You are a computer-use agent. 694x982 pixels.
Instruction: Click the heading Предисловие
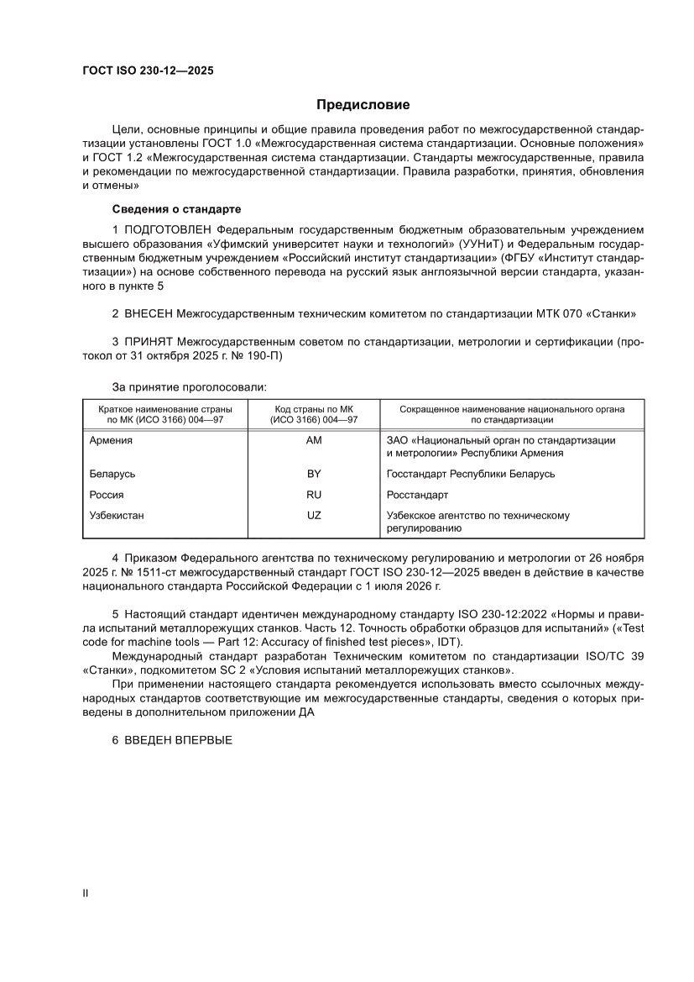(x=363, y=105)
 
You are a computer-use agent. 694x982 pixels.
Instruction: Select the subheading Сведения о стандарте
(x=171, y=207)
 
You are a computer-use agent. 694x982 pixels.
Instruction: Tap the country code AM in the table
(x=315, y=440)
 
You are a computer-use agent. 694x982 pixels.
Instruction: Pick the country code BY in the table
(x=315, y=474)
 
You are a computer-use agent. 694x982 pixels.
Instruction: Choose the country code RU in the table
(x=315, y=495)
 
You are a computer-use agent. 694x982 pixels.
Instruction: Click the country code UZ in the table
(x=315, y=516)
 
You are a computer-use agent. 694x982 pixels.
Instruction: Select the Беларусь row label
(x=112, y=474)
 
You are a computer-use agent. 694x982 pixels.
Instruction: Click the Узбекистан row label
(x=117, y=516)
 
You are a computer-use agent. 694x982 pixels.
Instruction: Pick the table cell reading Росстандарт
(x=417, y=495)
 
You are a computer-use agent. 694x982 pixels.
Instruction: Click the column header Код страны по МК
(x=315, y=409)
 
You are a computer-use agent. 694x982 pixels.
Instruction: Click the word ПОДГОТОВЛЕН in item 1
(x=169, y=228)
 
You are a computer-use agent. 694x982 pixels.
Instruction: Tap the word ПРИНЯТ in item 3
(x=149, y=343)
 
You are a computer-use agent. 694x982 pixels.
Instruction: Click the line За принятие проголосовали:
(x=189, y=387)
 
